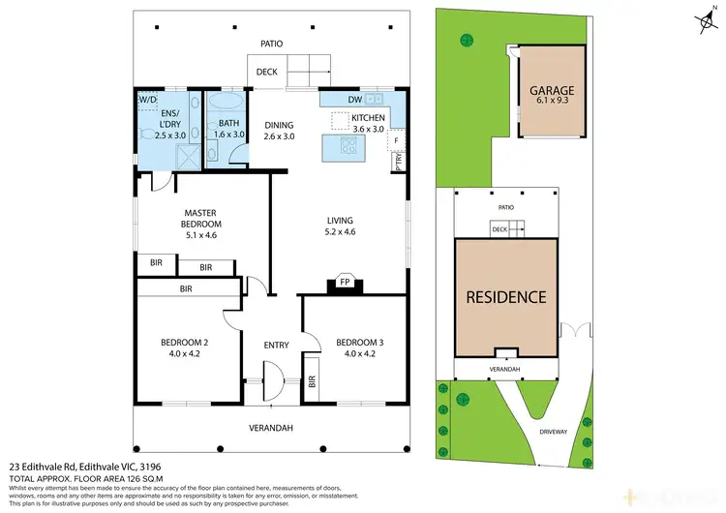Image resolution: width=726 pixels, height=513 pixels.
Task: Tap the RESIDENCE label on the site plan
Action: point(508,297)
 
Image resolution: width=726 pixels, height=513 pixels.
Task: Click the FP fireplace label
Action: point(344,282)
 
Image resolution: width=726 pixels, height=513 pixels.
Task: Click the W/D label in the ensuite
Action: point(147,99)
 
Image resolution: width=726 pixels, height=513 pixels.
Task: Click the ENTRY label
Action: point(277,345)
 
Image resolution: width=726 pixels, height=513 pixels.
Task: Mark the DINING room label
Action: point(279,125)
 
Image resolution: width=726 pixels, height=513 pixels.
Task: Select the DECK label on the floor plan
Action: point(267,72)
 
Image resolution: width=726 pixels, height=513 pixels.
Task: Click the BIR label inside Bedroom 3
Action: point(312,382)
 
